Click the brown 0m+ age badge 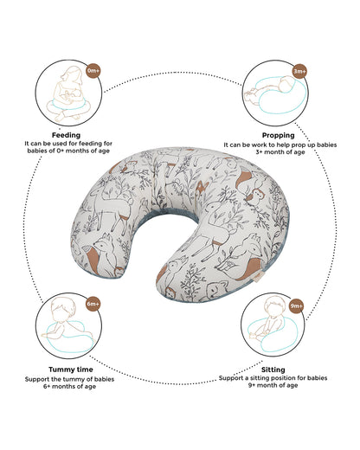point(93,70)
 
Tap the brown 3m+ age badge point(300,71)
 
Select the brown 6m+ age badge point(93,304)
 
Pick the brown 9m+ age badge point(297,305)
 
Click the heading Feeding point(66,135)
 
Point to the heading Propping point(279,135)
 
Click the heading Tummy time point(71,370)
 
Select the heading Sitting point(273,370)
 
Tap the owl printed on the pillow point(256,196)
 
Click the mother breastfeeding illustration point(68,93)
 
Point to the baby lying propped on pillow point(274,93)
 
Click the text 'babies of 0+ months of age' point(68,151)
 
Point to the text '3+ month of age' point(280,152)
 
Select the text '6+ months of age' point(69,387)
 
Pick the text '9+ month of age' point(273,385)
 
